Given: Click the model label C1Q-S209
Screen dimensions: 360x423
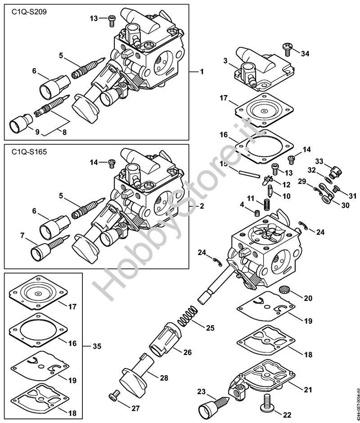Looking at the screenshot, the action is point(29,12).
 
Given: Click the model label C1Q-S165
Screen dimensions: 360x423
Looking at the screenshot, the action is point(29,152).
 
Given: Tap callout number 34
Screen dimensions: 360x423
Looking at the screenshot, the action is point(305,54).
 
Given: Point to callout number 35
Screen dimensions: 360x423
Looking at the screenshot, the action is point(97,346).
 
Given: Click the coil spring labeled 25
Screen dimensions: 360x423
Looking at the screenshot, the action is point(187,316).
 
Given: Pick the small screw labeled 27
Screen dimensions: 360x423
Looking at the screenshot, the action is point(114,396).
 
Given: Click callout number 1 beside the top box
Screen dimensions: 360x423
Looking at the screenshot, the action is point(202,72).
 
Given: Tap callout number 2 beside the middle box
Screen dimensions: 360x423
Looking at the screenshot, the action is point(202,206).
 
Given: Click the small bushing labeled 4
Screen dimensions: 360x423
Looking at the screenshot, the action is point(257,213).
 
